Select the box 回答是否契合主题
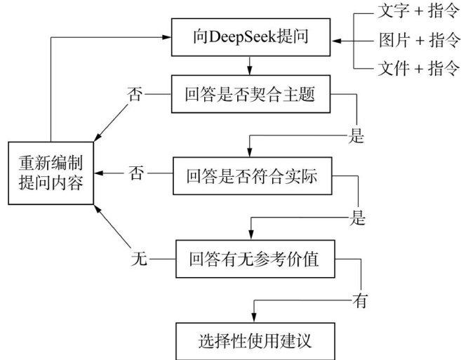[x=250, y=95]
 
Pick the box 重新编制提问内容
[x=51, y=174]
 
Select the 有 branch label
[x=361, y=301]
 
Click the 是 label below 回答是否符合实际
[x=358, y=218]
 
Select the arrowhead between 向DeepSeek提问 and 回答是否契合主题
[x=249, y=71]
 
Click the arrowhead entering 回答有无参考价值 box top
[x=249, y=236]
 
